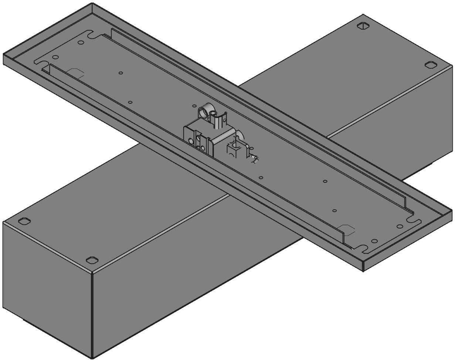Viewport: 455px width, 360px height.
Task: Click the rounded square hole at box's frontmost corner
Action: pyautogui.click(x=92, y=260)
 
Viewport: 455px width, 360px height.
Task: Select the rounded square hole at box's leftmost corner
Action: pyautogui.click(x=24, y=221)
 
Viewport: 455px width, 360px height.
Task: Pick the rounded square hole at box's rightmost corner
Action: pyautogui.click(x=430, y=65)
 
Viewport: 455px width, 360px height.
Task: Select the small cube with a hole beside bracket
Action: pyautogui.click(x=232, y=150)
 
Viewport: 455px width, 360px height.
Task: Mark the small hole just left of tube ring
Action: pyautogui.click(x=194, y=106)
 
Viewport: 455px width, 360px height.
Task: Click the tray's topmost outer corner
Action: pyautogui.click(x=92, y=3)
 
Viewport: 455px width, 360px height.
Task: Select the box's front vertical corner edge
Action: pyautogui.click(x=92, y=314)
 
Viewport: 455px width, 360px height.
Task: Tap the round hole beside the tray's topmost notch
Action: pyautogui.click(x=81, y=42)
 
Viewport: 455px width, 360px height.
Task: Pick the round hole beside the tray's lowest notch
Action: pyautogui.click(x=374, y=241)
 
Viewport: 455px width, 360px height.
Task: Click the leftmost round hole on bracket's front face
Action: pyautogui.click(x=190, y=141)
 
